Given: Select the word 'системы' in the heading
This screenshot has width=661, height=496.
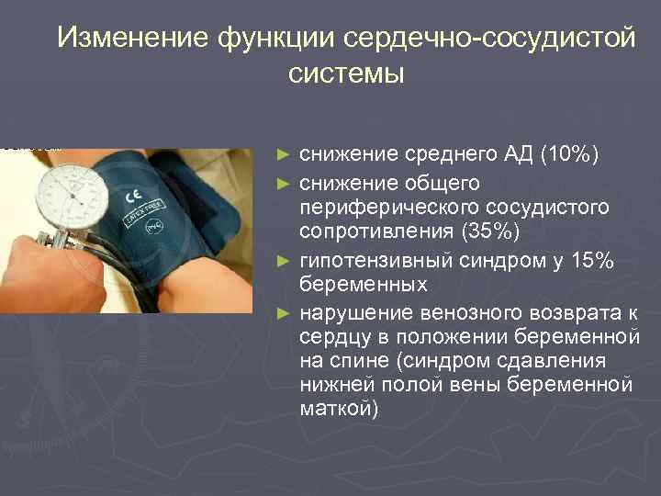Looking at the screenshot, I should coord(344,73).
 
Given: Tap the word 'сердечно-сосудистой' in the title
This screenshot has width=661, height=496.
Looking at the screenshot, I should coord(486,38).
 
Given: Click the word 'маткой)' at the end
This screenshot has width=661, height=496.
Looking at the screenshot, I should coord(339,407).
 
